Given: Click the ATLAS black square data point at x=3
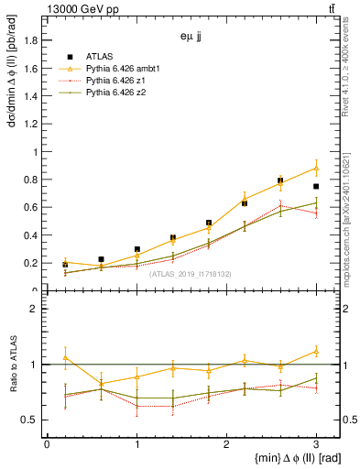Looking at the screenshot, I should click(316, 186).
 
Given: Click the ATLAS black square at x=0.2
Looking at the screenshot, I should click(65, 264).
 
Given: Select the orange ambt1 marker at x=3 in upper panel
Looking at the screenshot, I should click(316, 168).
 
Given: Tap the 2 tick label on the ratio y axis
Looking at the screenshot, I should click(36, 309).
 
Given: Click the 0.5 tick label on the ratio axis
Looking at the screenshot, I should click(32, 420).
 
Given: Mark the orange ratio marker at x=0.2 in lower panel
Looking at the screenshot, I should click(65, 357).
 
